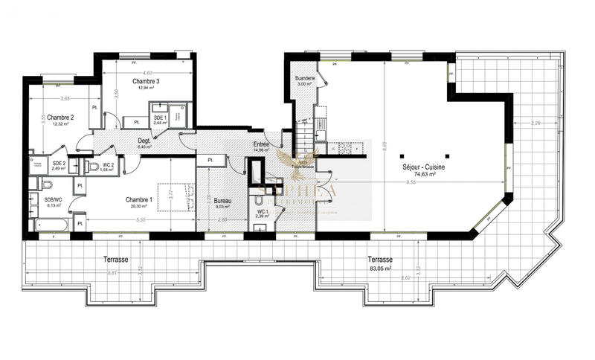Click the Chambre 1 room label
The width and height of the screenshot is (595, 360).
[x=139, y=199]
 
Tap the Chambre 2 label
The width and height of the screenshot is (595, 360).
[x=60, y=118]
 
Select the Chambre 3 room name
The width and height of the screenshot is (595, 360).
[x=146, y=80]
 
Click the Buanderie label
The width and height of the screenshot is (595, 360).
[x=305, y=77]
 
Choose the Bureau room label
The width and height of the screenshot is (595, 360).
[x=222, y=201]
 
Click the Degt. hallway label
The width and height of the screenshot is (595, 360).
[x=144, y=140]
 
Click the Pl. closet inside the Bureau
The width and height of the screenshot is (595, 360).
[x=211, y=160]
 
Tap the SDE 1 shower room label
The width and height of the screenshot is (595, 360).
[x=159, y=118]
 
